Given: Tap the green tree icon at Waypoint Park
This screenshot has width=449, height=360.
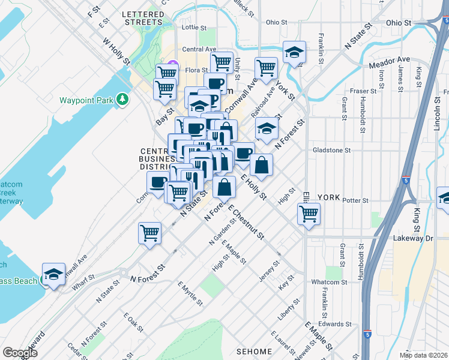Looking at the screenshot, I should point(122,98).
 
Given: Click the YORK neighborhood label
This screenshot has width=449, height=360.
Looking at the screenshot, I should point(328,197).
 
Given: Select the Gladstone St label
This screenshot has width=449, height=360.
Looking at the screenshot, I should point(331,150).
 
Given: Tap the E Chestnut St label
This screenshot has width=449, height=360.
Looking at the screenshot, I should point(247,222).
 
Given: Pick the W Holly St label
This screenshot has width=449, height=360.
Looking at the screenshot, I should point(116,51).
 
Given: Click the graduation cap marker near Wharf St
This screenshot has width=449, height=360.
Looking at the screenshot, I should point(54,275).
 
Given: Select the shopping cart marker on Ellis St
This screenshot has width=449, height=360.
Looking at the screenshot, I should point(309,213).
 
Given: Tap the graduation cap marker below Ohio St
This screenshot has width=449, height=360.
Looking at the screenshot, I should point(294,52).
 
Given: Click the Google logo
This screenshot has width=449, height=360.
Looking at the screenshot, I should point(20,353).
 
